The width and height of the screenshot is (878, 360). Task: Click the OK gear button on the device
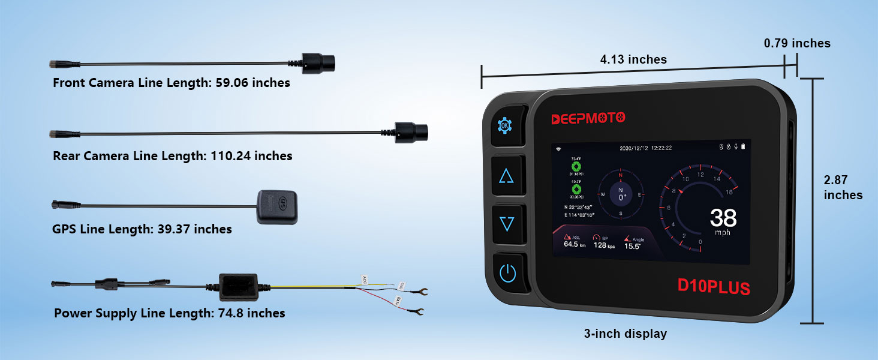tap(506, 126)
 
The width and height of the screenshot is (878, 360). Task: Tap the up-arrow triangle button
tap(507, 176)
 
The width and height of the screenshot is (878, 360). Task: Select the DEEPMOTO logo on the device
tap(588, 118)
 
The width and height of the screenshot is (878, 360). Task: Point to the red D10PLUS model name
tap(714, 286)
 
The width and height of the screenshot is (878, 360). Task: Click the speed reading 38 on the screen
tap(723, 218)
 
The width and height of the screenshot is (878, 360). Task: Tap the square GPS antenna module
tap(277, 206)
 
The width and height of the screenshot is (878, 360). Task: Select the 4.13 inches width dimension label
tap(633, 59)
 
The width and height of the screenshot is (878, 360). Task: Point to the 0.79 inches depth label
tap(797, 43)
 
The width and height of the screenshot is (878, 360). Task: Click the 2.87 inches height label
tap(843, 187)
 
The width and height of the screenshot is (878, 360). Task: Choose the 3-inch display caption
tap(626, 334)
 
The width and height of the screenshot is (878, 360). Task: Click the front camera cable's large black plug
tap(318, 61)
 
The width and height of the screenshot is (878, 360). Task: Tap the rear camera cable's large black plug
tap(411, 130)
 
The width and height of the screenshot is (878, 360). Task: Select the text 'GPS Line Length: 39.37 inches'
tap(142, 229)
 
